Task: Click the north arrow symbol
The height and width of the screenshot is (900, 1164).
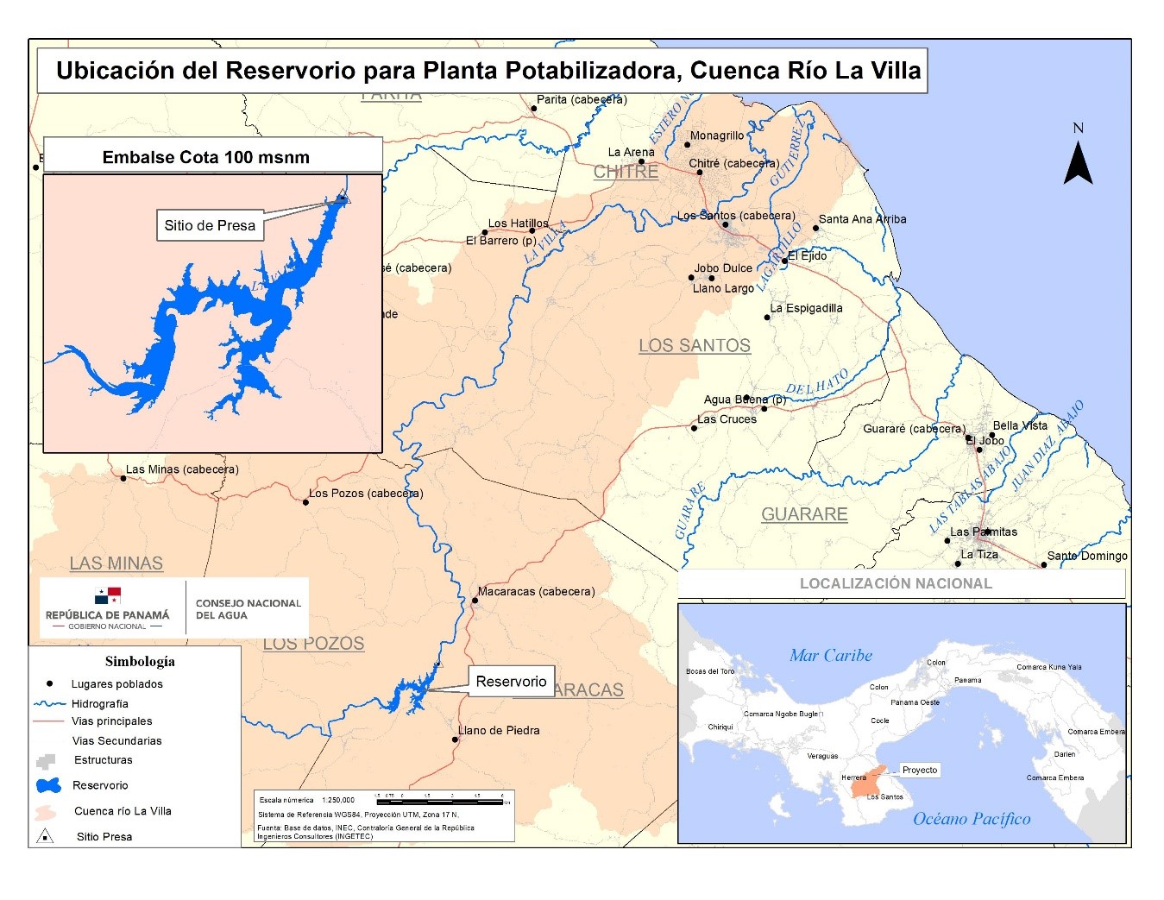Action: [x=1078, y=161]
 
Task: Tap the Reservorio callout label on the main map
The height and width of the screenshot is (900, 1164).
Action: [x=511, y=681]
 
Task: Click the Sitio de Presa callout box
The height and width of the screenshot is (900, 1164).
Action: [x=210, y=226]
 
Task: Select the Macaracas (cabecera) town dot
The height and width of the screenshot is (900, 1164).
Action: [x=475, y=601]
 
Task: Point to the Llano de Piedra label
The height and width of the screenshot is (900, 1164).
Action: [x=499, y=730]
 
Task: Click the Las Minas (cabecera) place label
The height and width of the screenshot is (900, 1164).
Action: [x=182, y=469]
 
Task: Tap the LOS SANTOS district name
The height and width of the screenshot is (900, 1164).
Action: [x=694, y=345]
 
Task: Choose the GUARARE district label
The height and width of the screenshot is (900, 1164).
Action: [x=803, y=514]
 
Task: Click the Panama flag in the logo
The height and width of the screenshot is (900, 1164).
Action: [x=108, y=595]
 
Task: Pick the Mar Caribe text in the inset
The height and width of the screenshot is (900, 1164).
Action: [x=830, y=655]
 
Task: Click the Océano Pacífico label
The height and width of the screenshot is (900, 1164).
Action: [x=972, y=819]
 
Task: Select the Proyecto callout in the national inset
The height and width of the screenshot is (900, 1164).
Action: [x=919, y=770]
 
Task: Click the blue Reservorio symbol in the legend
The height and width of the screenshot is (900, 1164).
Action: [x=48, y=785]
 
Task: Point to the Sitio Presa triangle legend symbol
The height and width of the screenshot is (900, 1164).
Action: [x=45, y=836]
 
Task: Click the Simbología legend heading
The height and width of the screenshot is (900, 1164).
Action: [x=140, y=662]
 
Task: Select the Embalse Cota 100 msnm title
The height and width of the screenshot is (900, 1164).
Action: [x=205, y=157]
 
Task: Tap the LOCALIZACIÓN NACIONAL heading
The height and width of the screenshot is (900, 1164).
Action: [x=896, y=583]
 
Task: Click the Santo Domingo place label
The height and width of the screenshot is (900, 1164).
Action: [x=1086, y=556]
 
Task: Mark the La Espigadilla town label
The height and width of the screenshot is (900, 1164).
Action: [x=806, y=308]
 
